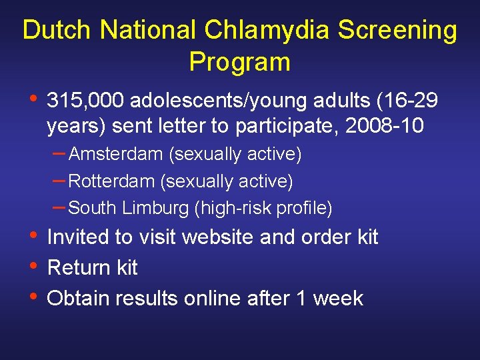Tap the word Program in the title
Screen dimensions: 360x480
click(x=240, y=62)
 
